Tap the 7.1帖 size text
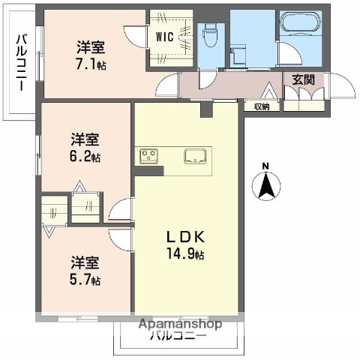click(91, 64)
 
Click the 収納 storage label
click(262, 106)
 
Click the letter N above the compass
click(265, 166)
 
